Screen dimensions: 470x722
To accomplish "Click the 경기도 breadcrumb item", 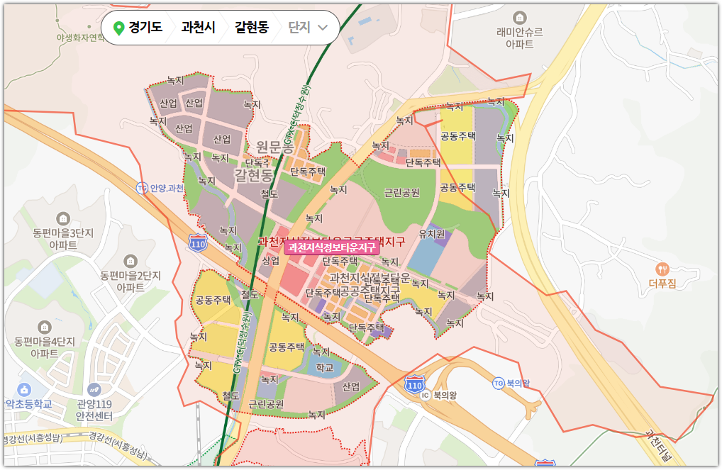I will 145,28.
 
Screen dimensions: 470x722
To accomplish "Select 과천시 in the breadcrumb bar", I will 199,28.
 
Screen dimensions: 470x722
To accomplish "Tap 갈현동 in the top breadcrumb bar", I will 252,28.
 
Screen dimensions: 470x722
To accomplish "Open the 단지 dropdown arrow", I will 323,28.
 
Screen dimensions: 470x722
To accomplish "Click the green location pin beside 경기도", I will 118,28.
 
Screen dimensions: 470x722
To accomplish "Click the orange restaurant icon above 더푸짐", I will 662,269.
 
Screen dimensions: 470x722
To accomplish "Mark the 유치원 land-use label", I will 431,233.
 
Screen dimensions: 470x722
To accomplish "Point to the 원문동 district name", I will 274,147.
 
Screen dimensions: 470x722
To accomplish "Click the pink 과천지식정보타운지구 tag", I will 332,247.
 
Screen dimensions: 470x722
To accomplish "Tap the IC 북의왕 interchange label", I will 441,395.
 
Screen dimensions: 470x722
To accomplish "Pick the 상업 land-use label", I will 270,260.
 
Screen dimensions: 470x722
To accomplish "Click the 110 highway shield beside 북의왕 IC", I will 414,384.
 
